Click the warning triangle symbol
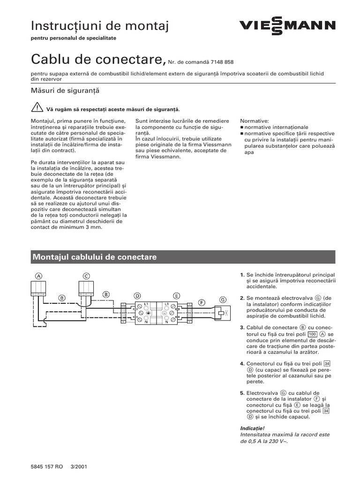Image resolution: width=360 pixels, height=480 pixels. point(35,108)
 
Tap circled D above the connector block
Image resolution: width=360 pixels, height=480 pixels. point(137,296)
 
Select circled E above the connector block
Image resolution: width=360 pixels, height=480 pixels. point(176,296)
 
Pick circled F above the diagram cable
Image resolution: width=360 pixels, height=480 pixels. point(202,302)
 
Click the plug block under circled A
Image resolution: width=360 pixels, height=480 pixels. point(38,288)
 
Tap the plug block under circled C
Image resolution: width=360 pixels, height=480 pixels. point(86,288)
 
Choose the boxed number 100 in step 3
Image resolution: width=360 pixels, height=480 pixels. point(313,333)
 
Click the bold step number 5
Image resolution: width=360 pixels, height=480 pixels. point(241,393)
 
